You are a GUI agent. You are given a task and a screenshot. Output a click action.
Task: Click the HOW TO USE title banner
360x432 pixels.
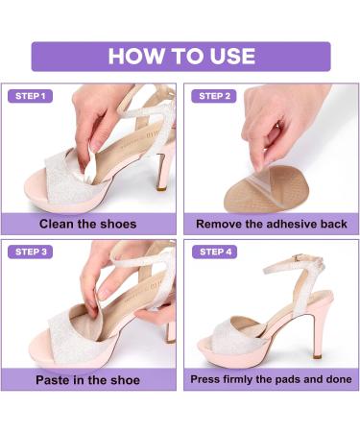coord(180,55)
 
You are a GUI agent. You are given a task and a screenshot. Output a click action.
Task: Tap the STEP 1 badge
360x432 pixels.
coord(30,96)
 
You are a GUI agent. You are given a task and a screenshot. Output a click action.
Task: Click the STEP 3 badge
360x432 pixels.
coord(30,252)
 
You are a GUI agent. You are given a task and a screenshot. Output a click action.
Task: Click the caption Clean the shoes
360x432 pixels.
coord(87,225)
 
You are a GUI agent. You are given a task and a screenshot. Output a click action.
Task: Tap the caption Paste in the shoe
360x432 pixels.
coord(87,379)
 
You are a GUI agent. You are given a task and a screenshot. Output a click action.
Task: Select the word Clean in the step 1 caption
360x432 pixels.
coord(59,225)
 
